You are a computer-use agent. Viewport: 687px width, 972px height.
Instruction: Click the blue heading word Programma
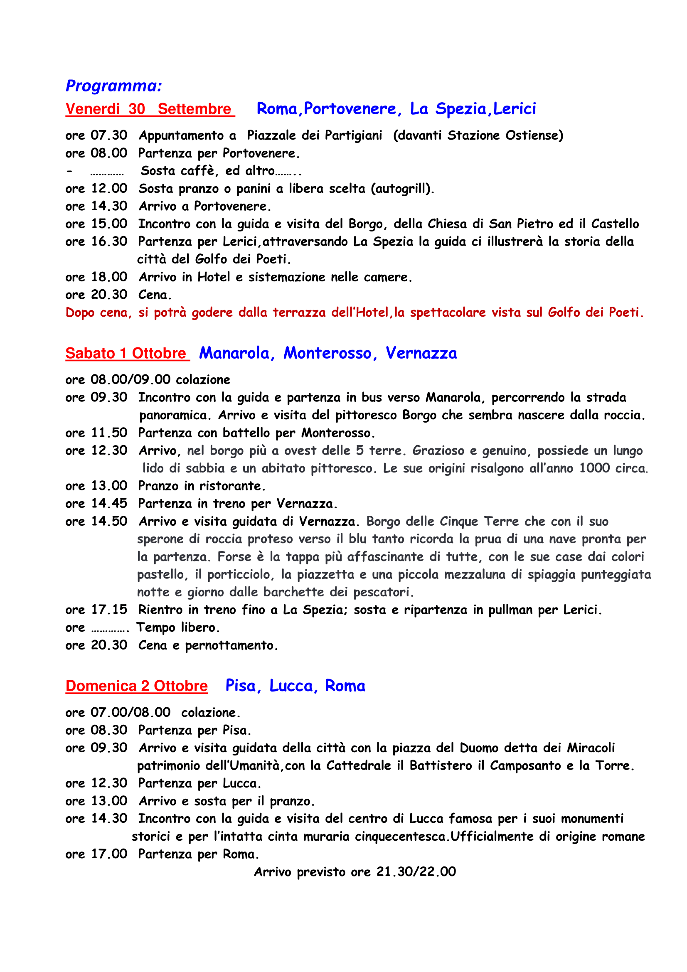point(113,86)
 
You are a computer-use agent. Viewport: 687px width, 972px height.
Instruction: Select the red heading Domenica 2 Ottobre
point(136,686)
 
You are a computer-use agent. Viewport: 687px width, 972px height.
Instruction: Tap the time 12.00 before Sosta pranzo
point(109,188)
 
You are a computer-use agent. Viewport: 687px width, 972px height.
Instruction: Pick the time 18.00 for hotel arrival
point(109,277)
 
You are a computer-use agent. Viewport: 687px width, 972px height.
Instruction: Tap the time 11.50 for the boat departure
point(109,433)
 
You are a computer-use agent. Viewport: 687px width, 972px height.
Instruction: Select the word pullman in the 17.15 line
point(511,610)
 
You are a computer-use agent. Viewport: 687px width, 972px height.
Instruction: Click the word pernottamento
point(231,646)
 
